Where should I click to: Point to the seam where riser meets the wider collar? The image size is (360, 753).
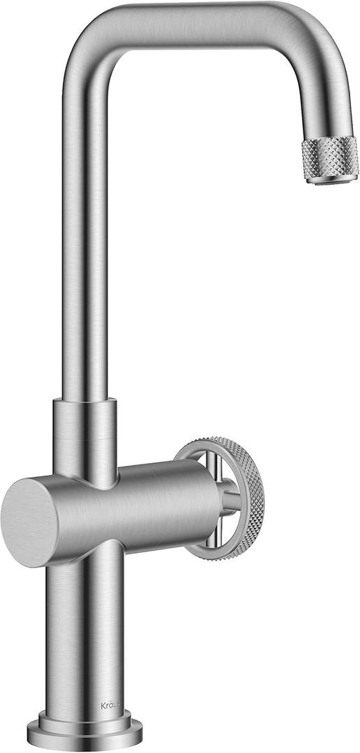(x=85, y=401)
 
